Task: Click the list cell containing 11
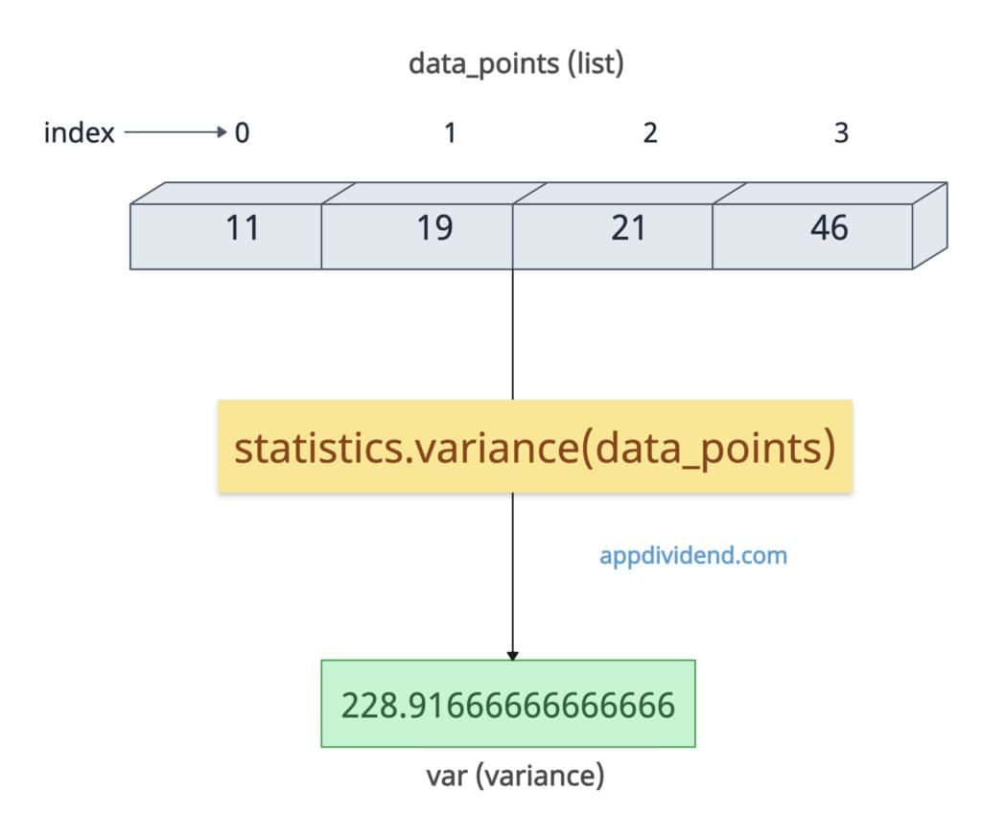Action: click(225, 235)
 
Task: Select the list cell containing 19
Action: click(417, 235)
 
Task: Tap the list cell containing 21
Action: click(613, 235)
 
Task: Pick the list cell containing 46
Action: click(811, 235)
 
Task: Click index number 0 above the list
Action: click(242, 133)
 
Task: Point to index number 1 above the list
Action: click(450, 133)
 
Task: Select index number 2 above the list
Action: click(650, 133)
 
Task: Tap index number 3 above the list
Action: click(841, 133)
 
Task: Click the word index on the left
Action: click(79, 133)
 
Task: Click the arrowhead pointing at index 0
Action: click(222, 132)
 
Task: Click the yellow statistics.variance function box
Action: click(535, 446)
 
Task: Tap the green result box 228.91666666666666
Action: click(507, 704)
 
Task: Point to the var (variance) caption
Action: click(515, 775)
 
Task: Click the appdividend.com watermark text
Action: click(693, 555)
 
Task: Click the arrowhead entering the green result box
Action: click(512, 655)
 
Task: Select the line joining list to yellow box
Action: click(513, 336)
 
